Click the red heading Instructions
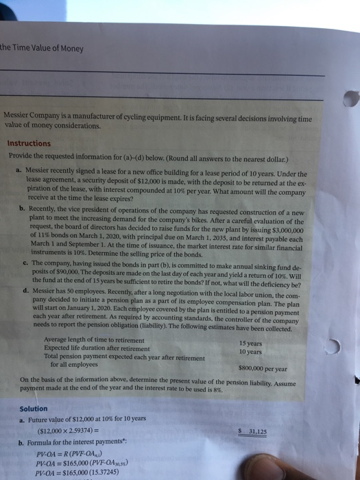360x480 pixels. click(x=29, y=143)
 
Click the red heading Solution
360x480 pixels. click(x=34, y=409)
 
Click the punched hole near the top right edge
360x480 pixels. click(x=350, y=104)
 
